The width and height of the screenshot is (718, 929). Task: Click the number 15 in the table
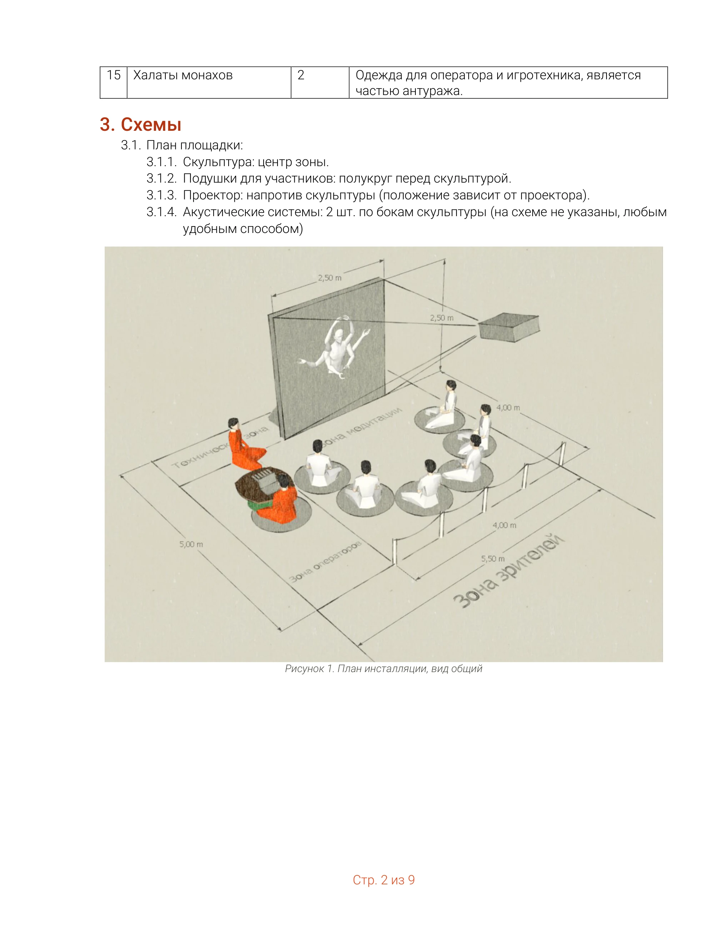(x=114, y=75)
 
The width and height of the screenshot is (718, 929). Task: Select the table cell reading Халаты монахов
(x=209, y=83)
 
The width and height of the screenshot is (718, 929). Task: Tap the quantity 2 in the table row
(x=301, y=75)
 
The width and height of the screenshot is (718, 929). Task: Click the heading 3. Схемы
(x=140, y=124)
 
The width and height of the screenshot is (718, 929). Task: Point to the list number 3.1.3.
(x=161, y=195)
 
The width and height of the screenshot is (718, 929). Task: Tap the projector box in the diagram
(x=509, y=327)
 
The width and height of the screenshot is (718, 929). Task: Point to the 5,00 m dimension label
(x=191, y=544)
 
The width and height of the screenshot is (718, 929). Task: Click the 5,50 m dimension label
(x=493, y=558)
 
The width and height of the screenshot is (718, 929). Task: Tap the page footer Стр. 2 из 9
(x=384, y=880)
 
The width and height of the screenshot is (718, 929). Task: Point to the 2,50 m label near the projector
(x=442, y=318)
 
